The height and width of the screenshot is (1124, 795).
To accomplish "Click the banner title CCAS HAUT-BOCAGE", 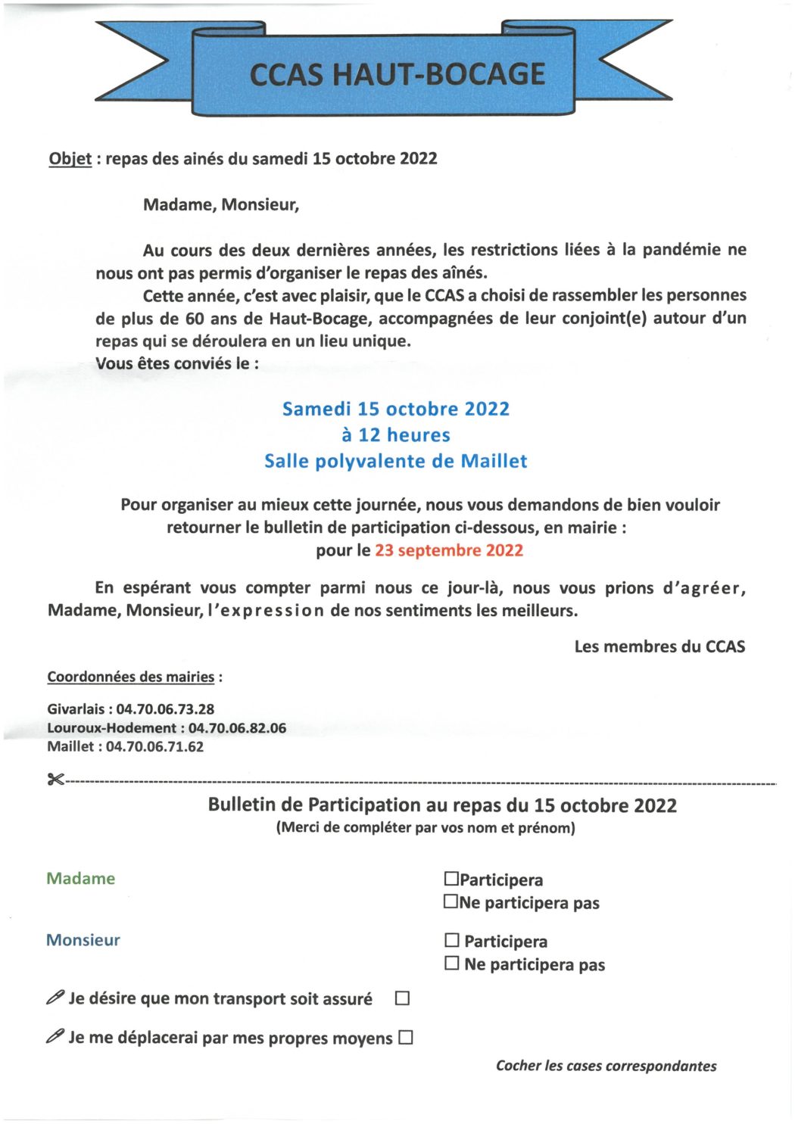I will point(397,74).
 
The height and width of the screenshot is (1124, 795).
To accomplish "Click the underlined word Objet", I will point(70,159).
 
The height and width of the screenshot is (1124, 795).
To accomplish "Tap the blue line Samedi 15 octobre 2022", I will point(396,409).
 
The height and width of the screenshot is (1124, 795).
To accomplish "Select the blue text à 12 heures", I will point(396,435).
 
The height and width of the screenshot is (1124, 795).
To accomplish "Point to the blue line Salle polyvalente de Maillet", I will point(396,461).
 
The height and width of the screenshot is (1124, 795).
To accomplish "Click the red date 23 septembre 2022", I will point(449,550).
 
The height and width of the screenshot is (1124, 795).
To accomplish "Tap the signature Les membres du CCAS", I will point(659,646).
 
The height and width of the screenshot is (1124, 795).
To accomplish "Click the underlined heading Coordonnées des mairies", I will point(131,677).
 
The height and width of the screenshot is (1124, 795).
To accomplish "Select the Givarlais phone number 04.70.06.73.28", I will point(165,709).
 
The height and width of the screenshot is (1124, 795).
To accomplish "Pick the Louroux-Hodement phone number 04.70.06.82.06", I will point(237,728).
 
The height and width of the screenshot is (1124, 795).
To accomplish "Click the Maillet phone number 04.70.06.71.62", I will point(154,747).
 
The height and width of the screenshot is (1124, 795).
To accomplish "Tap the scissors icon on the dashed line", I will point(55,780).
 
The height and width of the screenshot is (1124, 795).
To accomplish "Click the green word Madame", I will point(81,879).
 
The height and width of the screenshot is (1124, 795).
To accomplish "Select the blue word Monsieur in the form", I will point(83,940).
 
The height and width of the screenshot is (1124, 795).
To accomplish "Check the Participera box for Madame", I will point(451,879).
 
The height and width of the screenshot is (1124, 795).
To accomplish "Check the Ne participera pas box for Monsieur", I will point(452,964).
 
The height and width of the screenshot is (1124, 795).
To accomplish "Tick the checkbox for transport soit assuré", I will point(403,998).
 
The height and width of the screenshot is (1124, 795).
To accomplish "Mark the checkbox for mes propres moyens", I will point(406,1038).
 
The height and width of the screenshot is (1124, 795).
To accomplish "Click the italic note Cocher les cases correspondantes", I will point(606,1066).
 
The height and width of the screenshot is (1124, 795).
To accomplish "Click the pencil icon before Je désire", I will point(55,998).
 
